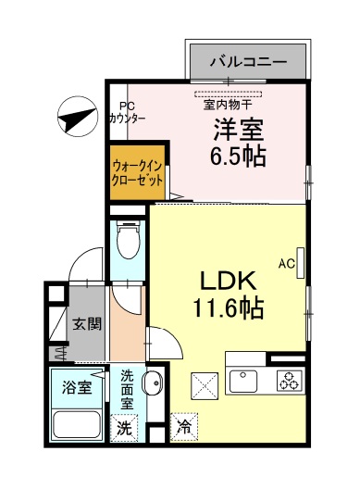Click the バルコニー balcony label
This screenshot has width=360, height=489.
(x=246, y=63)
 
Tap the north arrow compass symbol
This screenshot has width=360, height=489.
(x=76, y=118)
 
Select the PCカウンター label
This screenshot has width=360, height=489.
(x=126, y=113)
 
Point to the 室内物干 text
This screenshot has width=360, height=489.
(x=227, y=105)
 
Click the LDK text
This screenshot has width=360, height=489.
(x=227, y=281)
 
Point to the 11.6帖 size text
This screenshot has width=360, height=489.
(x=227, y=307)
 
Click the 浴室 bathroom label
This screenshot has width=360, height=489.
(x=76, y=387)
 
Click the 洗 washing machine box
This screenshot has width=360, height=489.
(x=124, y=428)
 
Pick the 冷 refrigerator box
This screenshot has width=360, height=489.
(x=184, y=428)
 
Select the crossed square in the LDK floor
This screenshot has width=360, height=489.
(x=203, y=382)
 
